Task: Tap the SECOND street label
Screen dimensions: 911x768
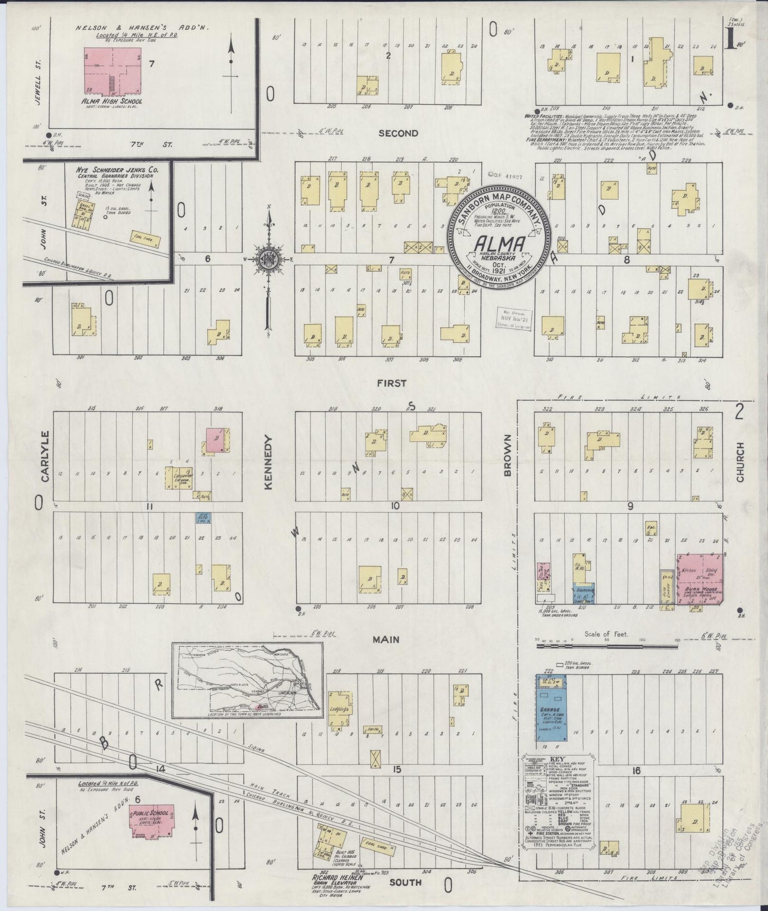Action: point(398,133)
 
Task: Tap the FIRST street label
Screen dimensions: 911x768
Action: point(392,383)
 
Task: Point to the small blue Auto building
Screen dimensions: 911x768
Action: point(202,518)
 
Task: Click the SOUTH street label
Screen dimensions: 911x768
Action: point(407,882)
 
